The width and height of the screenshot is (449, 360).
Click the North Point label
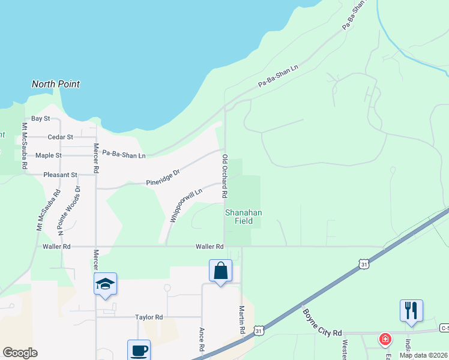point(56,85)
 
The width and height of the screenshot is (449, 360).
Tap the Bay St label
point(40,119)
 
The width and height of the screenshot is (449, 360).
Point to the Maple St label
point(49,155)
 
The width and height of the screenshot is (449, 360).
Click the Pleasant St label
point(61,175)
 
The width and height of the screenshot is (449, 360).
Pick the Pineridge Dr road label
point(163,178)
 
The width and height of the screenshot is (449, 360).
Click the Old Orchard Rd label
point(224,176)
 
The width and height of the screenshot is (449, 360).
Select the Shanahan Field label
point(239,217)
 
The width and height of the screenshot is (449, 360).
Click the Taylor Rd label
point(149,317)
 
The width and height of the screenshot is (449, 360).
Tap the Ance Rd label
point(202,340)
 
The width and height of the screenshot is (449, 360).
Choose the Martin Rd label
point(241,320)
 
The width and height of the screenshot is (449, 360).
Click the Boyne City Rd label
point(322,323)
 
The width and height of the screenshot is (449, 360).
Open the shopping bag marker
point(220,271)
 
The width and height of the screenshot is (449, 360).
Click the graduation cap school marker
point(105,284)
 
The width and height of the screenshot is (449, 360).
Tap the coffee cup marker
point(139,350)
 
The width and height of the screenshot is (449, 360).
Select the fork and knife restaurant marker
point(411,311)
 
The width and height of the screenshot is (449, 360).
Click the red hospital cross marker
point(384,340)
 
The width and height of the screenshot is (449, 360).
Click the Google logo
point(20,353)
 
